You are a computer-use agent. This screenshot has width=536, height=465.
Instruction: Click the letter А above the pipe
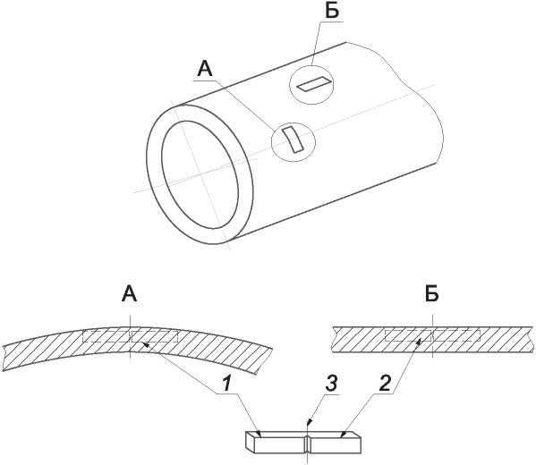[205, 70]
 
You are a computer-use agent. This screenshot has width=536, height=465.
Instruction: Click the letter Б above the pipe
[332, 12]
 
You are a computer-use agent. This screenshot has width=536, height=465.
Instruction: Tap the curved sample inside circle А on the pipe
[293, 139]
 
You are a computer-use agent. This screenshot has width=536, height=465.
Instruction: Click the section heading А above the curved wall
[130, 294]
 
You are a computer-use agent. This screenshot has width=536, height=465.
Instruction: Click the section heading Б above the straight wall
[432, 294]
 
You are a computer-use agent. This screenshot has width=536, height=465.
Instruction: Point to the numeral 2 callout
[384, 384]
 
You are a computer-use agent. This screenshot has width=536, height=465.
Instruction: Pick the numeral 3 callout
[331, 384]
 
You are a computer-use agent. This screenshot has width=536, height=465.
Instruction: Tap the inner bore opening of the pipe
[200, 174]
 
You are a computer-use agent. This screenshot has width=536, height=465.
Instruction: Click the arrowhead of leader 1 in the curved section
[145, 344]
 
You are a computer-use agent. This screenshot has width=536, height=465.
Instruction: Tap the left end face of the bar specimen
[250, 443]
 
